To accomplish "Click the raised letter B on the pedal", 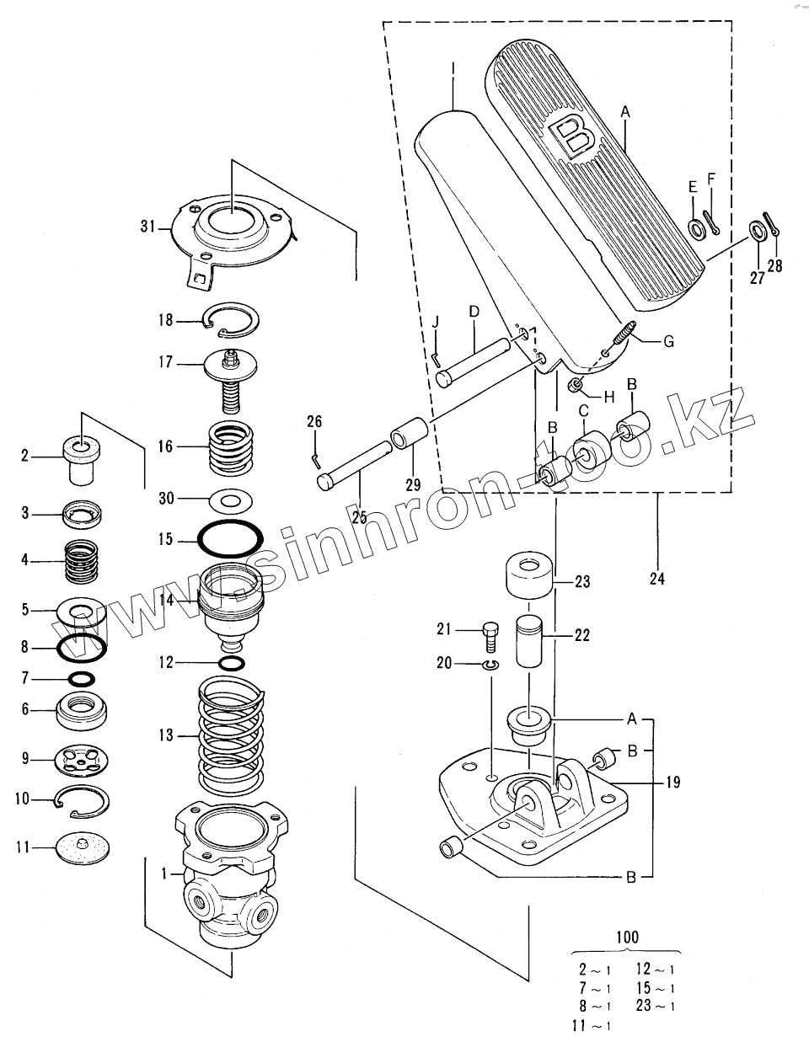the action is pyautogui.click(x=572, y=139).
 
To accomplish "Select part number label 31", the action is pyautogui.click(x=147, y=226).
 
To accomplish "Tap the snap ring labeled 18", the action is pyautogui.click(x=231, y=320).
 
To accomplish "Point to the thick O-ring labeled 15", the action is pyautogui.click(x=230, y=538).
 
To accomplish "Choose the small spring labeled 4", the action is pyautogui.click(x=82, y=562).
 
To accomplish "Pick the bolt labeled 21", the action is pyautogui.click(x=490, y=636).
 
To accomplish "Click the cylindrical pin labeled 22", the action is pyautogui.click(x=529, y=641).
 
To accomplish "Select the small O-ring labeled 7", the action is pyautogui.click(x=82, y=679).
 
